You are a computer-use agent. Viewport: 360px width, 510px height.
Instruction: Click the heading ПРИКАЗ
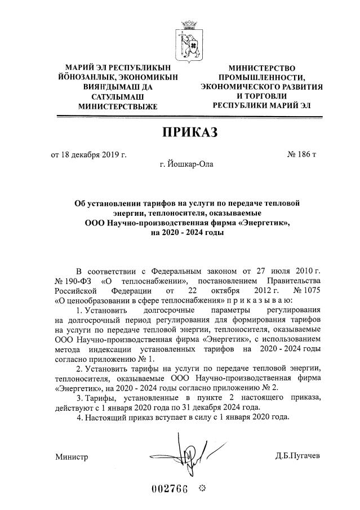click(x=189, y=132)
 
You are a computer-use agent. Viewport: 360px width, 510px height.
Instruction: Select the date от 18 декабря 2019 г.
click(x=88, y=153)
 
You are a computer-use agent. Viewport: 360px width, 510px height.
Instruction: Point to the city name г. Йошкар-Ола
click(x=187, y=165)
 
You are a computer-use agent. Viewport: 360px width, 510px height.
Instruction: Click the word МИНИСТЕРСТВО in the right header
click(x=261, y=68)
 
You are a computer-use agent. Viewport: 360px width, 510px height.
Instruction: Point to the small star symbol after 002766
click(x=203, y=487)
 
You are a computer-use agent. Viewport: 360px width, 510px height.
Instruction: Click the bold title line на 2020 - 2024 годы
click(x=187, y=233)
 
